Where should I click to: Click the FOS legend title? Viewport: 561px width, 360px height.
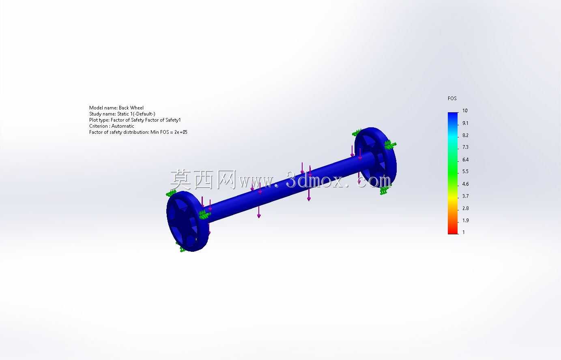(452, 99)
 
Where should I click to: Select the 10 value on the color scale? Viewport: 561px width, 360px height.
(465, 111)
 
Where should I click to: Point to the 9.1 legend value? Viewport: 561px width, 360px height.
(465, 123)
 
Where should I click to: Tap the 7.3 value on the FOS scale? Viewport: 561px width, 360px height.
(465, 147)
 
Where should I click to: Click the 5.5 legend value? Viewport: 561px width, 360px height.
(465, 171)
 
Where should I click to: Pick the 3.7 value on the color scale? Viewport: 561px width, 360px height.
(465, 196)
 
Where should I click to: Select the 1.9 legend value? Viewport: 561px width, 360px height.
(465, 221)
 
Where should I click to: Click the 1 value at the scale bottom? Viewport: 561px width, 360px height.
(464, 232)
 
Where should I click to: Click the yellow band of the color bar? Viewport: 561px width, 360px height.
(453, 198)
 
